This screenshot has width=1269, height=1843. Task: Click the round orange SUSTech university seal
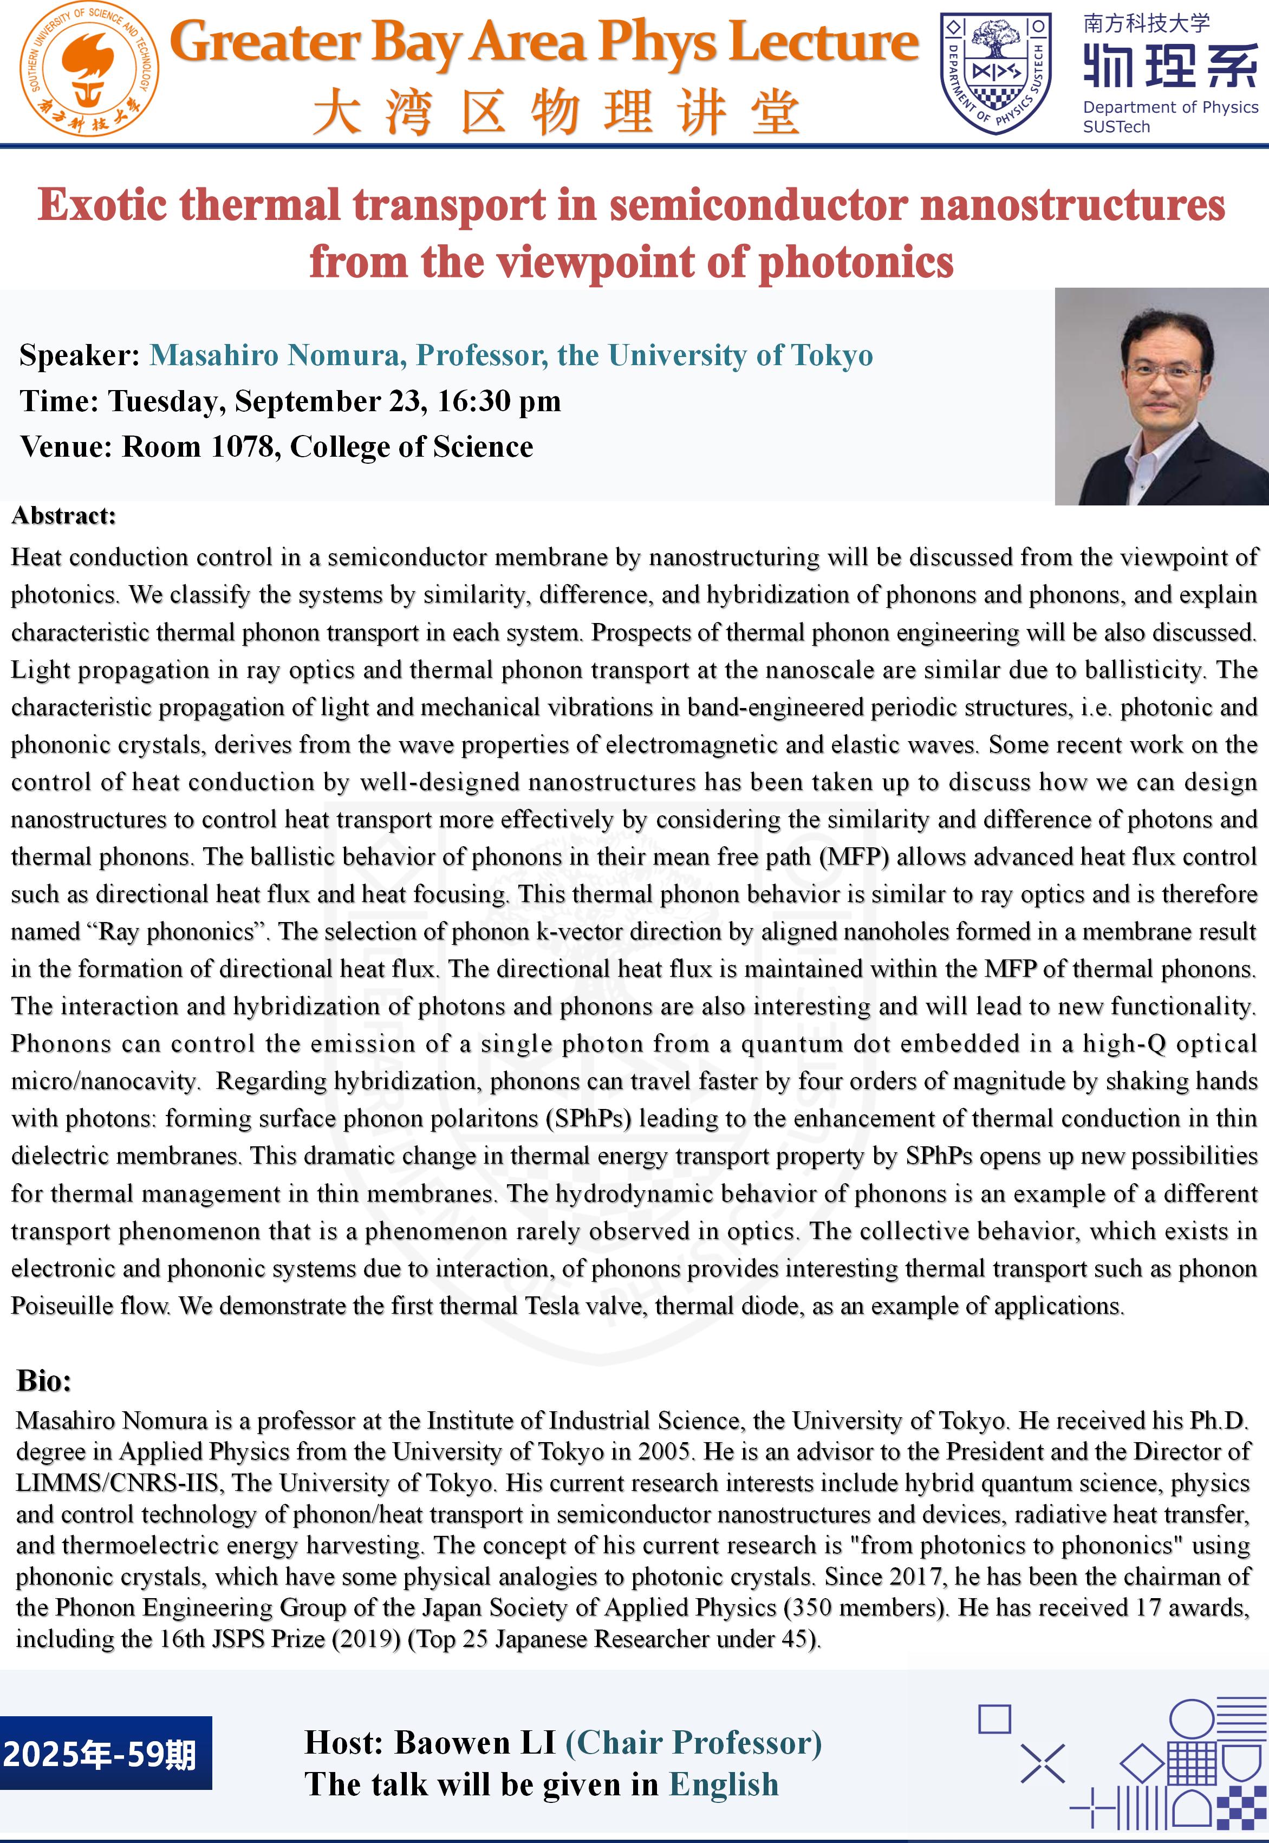click(89, 70)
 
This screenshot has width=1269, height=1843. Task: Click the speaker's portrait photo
click(1161, 396)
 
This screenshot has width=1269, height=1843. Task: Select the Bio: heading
click(44, 1380)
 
